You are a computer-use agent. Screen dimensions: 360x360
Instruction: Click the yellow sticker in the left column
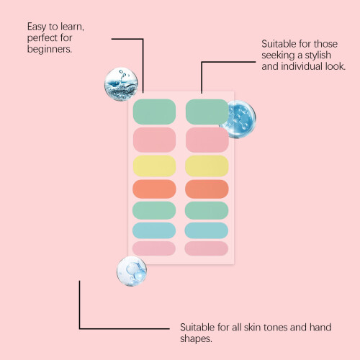pos(154,166)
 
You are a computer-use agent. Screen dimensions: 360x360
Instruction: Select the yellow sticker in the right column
pos(207,166)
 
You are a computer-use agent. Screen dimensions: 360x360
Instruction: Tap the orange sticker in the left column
pos(154,189)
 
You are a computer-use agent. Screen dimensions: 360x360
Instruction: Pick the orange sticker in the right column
pos(207,189)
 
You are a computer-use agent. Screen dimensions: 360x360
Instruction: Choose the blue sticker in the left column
pos(154,230)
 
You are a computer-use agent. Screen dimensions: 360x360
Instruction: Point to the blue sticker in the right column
pos(207,230)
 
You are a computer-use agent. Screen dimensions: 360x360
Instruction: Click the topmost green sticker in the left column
pos(154,112)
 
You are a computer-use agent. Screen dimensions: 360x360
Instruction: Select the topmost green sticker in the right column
pos(207,112)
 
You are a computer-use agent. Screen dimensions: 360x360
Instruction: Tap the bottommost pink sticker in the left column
pos(154,248)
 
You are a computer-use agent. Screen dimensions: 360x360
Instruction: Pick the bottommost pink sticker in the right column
pos(207,248)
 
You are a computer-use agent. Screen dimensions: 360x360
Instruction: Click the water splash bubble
pos(121,84)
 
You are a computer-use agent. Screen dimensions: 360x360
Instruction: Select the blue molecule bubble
pos(239,120)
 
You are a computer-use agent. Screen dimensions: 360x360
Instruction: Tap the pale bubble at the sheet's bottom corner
pos(132,271)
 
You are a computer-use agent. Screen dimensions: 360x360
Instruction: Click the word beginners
pos(50,50)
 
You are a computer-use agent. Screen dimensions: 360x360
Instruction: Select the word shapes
pos(196,339)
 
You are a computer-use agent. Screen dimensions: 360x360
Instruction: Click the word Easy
pos(37,27)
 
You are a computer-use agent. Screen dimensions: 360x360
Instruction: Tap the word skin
pos(252,328)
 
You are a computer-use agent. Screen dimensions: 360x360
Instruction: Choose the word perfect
pos(42,38)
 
